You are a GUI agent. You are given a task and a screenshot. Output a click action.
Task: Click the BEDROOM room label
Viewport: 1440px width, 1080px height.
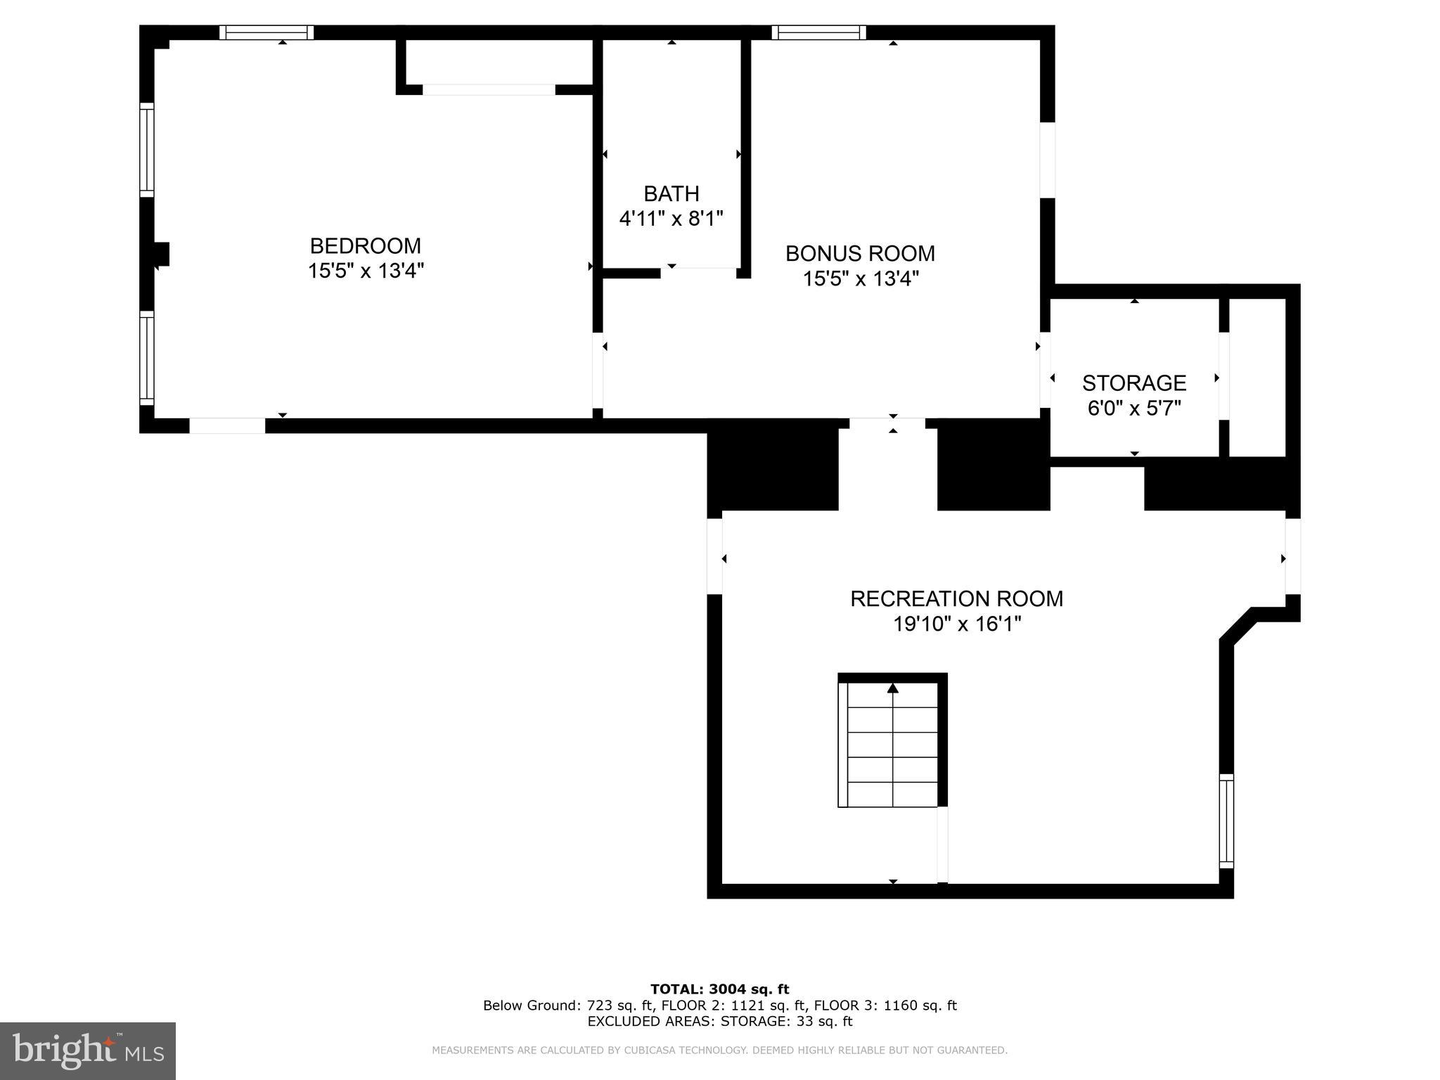coord(365,245)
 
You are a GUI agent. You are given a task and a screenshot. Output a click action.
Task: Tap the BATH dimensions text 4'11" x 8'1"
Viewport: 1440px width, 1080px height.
coord(671,219)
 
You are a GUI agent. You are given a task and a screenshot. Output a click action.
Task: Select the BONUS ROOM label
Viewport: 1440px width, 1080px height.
coord(860,253)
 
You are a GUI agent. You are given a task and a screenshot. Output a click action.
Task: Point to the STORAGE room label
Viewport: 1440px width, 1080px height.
coord(1133,382)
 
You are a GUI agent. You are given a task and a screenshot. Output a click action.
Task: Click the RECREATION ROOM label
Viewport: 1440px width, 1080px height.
coord(956,598)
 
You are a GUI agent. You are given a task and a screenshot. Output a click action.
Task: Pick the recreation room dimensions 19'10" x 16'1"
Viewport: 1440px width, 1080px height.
coord(956,624)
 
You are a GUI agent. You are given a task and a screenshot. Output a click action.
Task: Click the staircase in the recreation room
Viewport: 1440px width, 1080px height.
coord(892,745)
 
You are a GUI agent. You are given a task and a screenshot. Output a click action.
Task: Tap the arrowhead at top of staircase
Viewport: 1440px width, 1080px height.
coord(893,688)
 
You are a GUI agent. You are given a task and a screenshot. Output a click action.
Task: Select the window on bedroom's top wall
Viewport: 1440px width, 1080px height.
coord(266,32)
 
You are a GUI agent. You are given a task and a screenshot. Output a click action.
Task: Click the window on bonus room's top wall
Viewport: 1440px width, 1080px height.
coord(818,32)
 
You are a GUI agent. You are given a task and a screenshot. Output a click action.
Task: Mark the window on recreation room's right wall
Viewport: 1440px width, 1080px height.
coord(1226,821)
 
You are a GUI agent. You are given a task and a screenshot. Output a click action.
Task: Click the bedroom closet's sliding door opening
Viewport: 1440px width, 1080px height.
coord(489,89)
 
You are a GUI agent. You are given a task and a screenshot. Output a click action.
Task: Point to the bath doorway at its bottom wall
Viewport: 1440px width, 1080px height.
coord(698,268)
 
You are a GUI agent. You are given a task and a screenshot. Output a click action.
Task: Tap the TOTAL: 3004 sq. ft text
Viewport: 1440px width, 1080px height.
coord(719,989)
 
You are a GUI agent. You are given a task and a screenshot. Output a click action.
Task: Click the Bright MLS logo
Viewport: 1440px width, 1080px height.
coord(88,1050)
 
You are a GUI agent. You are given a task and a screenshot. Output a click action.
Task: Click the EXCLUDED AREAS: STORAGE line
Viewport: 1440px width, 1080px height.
coord(719,1021)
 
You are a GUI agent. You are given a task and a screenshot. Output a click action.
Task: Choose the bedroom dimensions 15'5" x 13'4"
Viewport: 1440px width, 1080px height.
coord(365,271)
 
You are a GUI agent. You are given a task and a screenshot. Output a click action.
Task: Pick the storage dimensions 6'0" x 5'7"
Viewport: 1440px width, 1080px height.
coord(1133,408)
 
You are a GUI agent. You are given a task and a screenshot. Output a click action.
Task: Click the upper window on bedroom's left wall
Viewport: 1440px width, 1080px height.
coord(146,150)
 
